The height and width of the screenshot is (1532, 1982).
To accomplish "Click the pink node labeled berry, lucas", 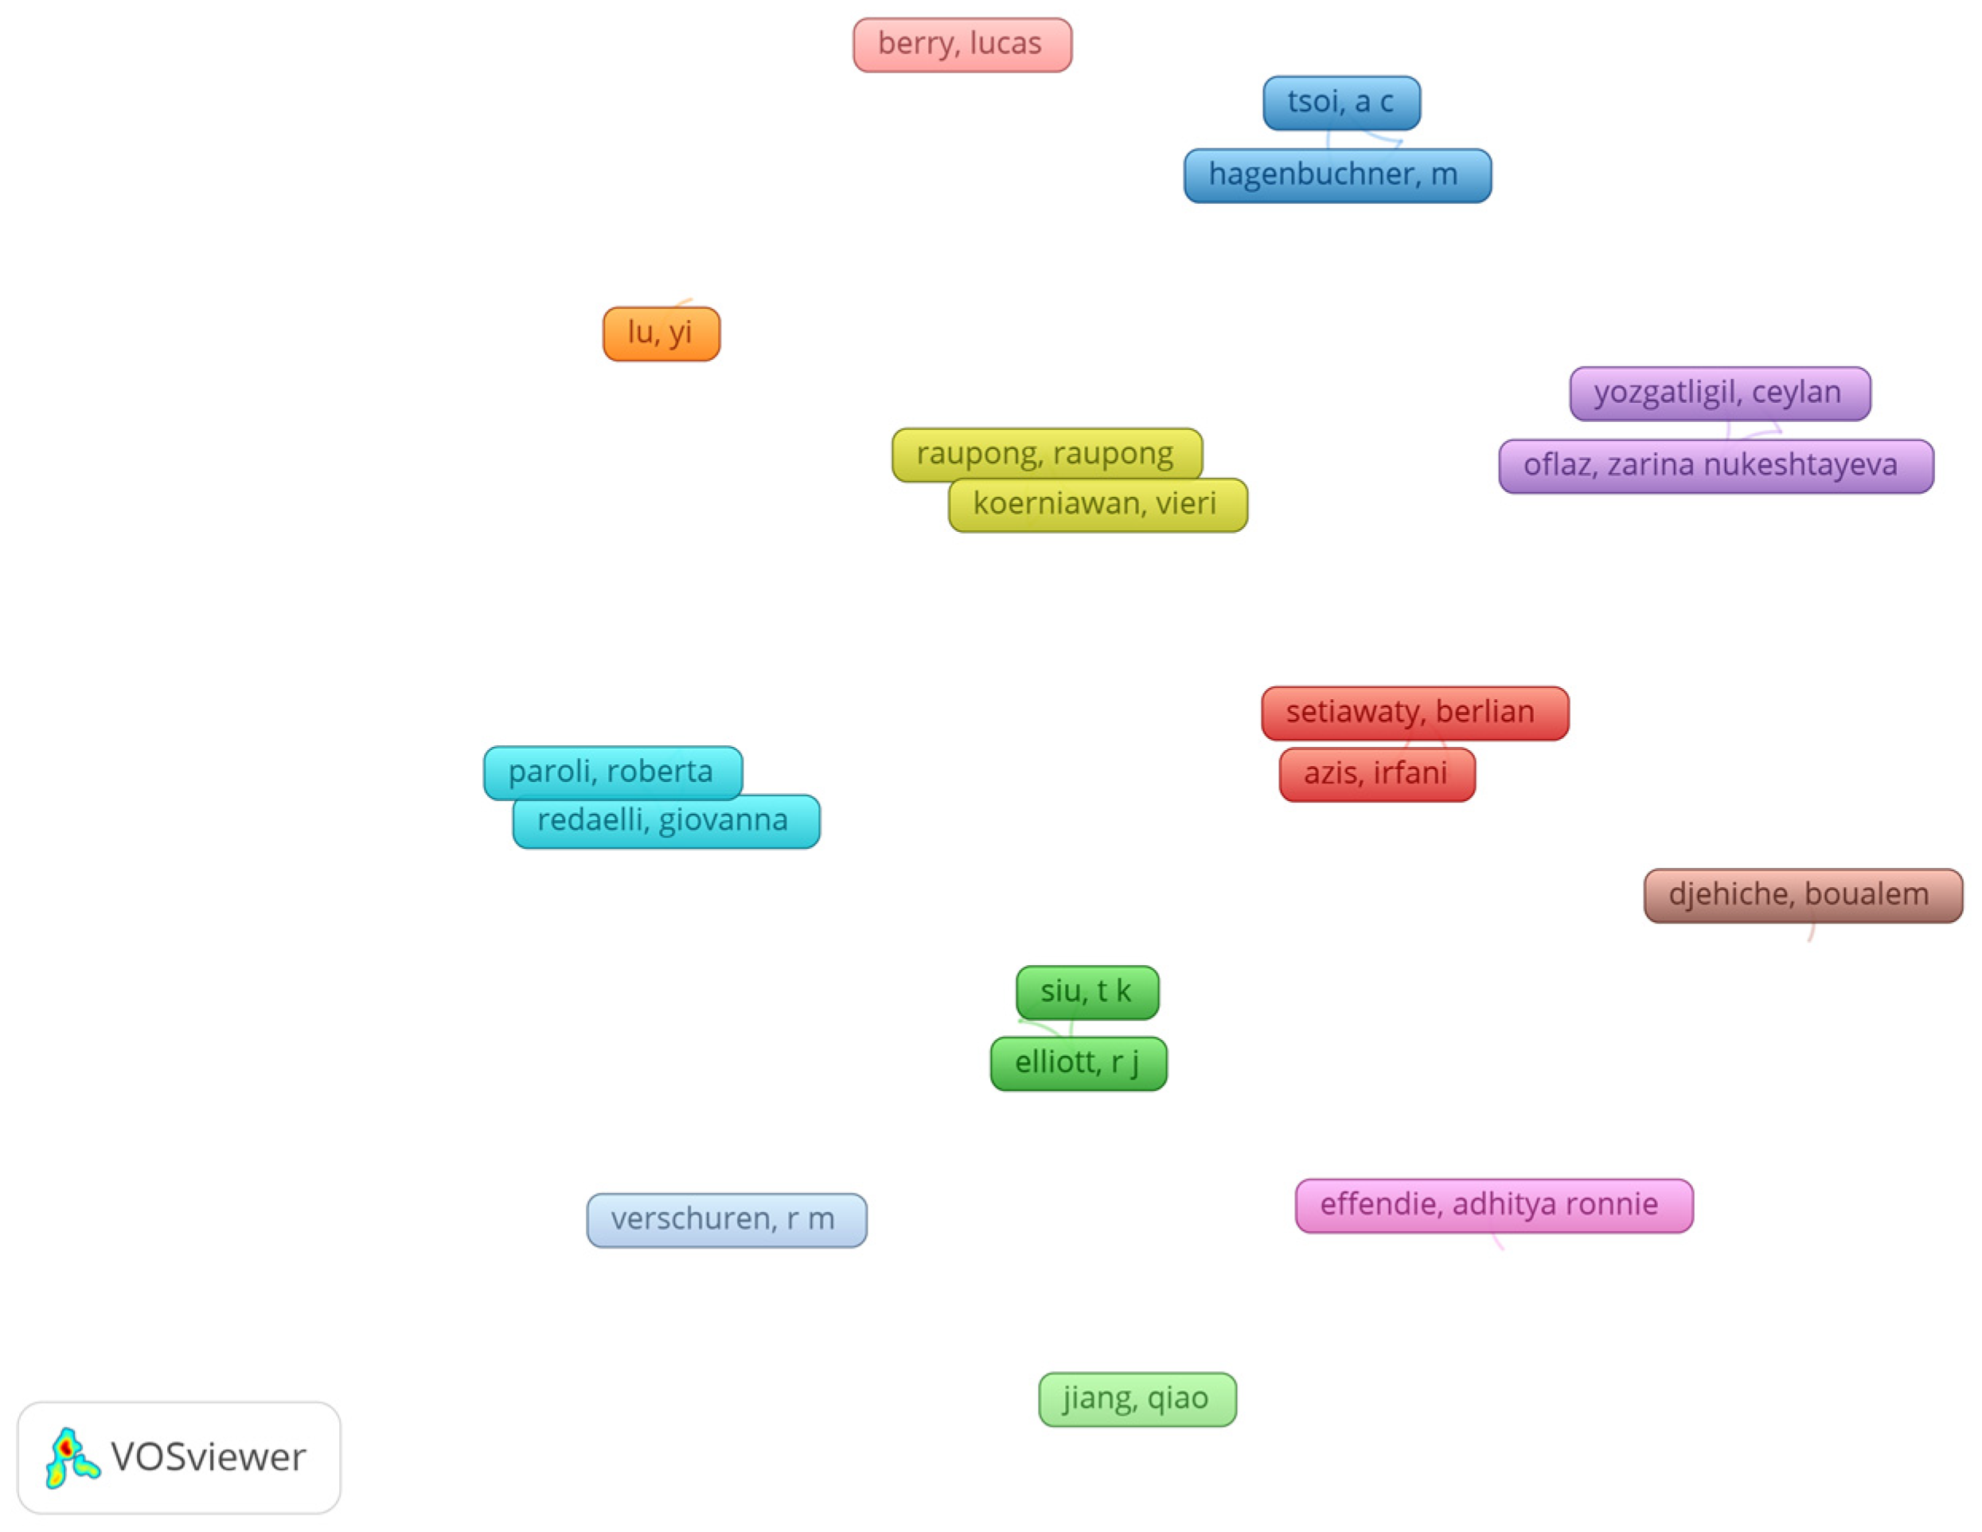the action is pos(962,45).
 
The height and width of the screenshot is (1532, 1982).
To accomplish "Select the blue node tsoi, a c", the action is pos(1341,103).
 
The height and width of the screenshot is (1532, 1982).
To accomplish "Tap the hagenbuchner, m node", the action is pos(1336,175).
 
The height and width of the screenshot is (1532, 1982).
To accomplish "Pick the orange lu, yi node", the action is pos(661,334).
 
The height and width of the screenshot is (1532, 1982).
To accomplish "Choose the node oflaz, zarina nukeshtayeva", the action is pos(1715,467).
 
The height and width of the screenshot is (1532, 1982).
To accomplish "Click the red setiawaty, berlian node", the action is pos(1414,713).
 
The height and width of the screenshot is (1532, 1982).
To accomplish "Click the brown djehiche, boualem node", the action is pos(1802,896).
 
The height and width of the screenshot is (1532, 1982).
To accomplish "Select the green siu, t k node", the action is pos(1087,992).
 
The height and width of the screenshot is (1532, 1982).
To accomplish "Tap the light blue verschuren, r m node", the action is pos(726,1220).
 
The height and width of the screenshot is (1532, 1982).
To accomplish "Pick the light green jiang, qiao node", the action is pos(1136,1398).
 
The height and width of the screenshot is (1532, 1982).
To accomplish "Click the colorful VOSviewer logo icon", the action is pos(71,1458).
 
